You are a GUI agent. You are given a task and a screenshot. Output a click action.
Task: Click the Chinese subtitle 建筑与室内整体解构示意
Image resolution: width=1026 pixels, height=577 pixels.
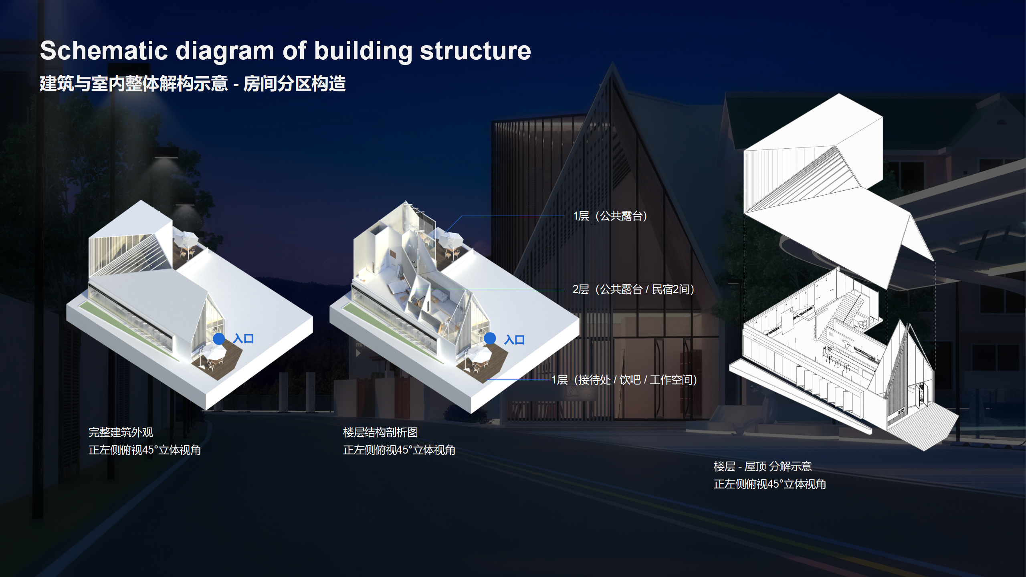coord(134,84)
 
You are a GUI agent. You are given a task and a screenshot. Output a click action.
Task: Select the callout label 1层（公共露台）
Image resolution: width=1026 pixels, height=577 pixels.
coord(610,216)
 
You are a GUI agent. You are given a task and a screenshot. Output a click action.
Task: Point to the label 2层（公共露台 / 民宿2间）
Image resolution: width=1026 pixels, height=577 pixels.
coord(633,289)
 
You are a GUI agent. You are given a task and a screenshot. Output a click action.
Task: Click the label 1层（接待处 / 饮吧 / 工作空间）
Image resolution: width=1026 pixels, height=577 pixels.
coord(624,380)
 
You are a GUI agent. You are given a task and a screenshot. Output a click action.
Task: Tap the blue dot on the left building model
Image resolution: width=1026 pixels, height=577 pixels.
coord(219,339)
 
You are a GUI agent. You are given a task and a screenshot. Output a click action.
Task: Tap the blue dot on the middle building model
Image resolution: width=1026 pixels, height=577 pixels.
coord(490,339)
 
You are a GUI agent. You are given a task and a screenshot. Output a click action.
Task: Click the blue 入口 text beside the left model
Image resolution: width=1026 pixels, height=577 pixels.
coord(243,339)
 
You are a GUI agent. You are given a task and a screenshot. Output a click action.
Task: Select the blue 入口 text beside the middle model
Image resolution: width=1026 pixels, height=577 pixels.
coord(514,340)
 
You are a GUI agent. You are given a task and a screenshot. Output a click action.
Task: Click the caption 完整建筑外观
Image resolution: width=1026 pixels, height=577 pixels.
coord(121,432)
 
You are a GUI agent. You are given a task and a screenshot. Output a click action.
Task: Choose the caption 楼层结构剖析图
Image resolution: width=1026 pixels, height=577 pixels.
coord(380,432)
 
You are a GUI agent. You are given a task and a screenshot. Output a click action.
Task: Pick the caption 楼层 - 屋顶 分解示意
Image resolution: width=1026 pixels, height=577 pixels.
coord(762,466)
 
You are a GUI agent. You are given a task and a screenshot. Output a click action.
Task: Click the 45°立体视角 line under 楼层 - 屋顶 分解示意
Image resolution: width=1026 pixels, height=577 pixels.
coord(769,484)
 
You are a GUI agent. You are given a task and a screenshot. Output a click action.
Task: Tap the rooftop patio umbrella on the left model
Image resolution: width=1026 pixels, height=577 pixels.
coord(185,239)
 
